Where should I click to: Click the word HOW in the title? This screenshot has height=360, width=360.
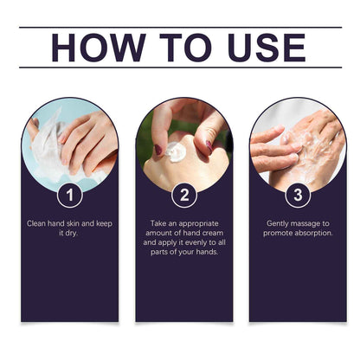click(x=91, y=48)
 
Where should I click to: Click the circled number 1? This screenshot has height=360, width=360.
click(x=69, y=196)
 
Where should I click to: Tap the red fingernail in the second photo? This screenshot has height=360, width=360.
click(x=158, y=150)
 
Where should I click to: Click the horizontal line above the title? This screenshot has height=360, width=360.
click(x=180, y=27)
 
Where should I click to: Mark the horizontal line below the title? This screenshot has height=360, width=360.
click(x=180, y=68)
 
